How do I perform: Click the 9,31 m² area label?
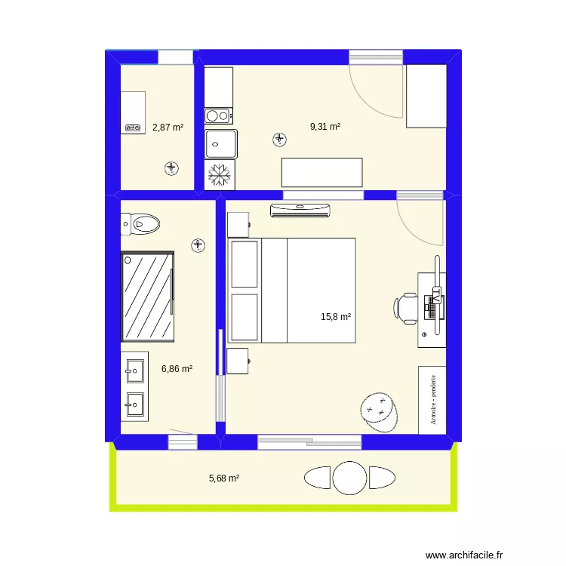click(x=325, y=127)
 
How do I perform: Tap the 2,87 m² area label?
click(x=168, y=128)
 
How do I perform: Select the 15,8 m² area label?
click(x=336, y=317)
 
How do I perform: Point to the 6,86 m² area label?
click(x=177, y=369)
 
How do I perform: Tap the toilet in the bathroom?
click(x=140, y=223)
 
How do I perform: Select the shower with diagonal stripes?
click(x=148, y=296)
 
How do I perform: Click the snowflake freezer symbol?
click(x=220, y=174)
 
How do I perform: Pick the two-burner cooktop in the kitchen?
click(x=219, y=115)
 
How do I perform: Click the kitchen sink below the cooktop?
click(x=220, y=143)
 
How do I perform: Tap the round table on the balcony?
click(x=350, y=478)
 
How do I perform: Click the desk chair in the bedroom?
click(x=406, y=308)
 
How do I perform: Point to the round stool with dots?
click(x=378, y=412)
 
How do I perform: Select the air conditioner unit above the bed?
click(x=300, y=210)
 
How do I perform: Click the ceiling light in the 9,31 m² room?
click(x=280, y=139)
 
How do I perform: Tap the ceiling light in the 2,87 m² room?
click(x=172, y=168)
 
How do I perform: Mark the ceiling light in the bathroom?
click(x=198, y=245)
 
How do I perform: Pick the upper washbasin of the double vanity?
click(x=134, y=370)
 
